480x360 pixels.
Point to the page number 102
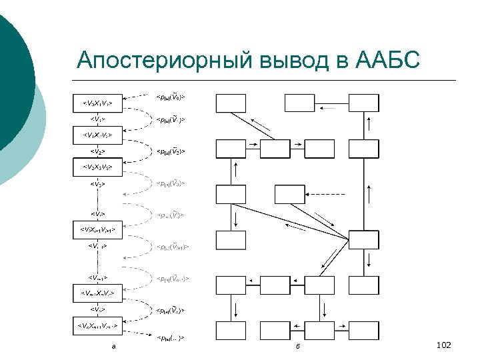(x=443, y=345)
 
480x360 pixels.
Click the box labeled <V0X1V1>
(x=97, y=104)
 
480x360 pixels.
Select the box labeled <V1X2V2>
(x=97, y=135)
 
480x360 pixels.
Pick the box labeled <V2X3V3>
(x=97, y=167)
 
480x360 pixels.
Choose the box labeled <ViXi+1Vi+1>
(x=97, y=231)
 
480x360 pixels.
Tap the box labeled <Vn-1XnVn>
(x=97, y=293)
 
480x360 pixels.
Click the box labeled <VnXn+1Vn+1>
(x=97, y=325)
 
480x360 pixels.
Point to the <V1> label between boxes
(x=97, y=119)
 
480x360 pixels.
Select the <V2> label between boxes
(x=97, y=151)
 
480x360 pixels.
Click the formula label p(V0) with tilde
(x=170, y=98)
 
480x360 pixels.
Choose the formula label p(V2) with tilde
(x=170, y=151)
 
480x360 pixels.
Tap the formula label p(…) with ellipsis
(x=170, y=338)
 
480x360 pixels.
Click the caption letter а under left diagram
(x=113, y=345)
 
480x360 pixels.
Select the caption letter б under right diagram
(x=298, y=345)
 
